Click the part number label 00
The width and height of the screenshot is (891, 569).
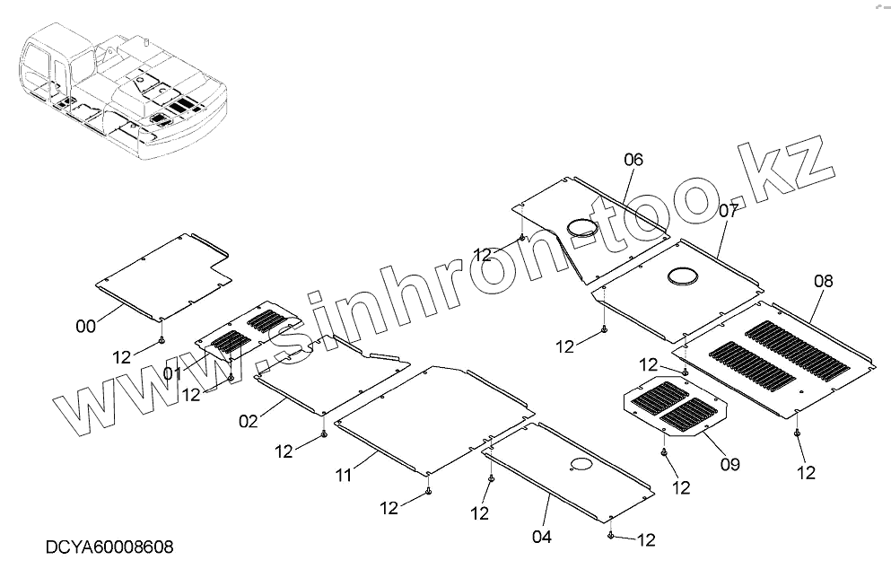click(85, 327)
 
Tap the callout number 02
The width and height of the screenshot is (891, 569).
click(249, 420)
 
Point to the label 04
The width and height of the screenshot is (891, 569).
click(541, 538)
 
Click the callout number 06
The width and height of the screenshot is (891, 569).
click(633, 160)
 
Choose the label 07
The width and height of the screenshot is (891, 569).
click(728, 211)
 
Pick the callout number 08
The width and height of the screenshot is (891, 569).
click(823, 281)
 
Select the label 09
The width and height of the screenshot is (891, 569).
click(729, 464)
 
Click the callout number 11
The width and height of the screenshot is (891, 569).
click(345, 475)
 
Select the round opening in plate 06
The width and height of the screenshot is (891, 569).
click(586, 229)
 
